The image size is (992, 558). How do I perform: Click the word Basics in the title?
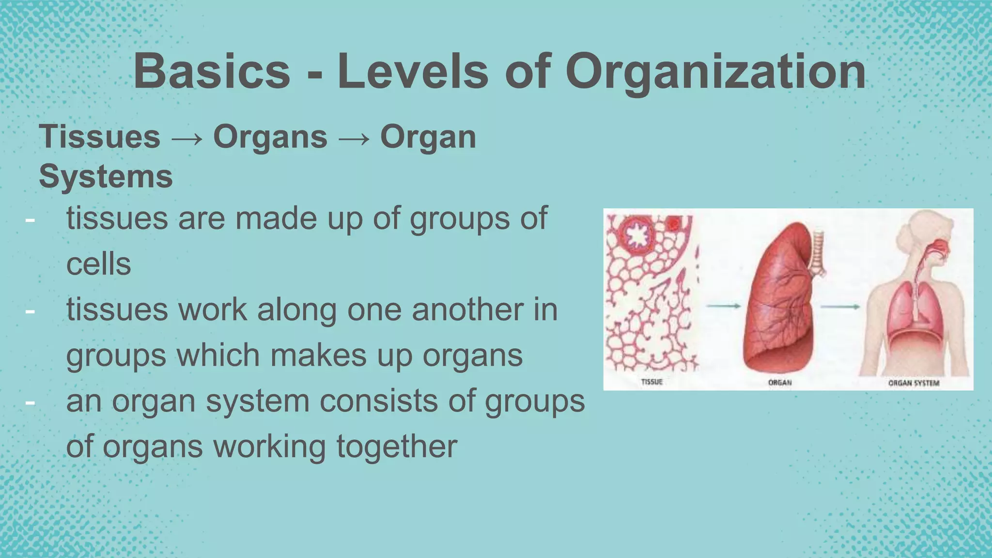[x=212, y=72]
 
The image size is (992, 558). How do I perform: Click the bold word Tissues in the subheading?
[x=99, y=137]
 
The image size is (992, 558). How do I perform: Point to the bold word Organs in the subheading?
[x=270, y=137]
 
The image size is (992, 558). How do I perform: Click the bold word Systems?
[x=106, y=176]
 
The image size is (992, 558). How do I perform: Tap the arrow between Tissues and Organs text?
[x=186, y=139]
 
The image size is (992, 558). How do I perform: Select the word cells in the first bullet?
[x=98, y=264]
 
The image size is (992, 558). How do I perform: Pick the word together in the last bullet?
[x=397, y=446]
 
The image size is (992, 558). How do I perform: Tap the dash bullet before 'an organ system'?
[x=30, y=401]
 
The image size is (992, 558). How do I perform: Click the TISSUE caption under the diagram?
[x=651, y=382]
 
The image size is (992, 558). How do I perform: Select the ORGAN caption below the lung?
[x=780, y=383]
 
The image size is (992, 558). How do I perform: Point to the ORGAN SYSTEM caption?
[x=914, y=383]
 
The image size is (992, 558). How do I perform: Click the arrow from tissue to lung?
[x=723, y=306]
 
